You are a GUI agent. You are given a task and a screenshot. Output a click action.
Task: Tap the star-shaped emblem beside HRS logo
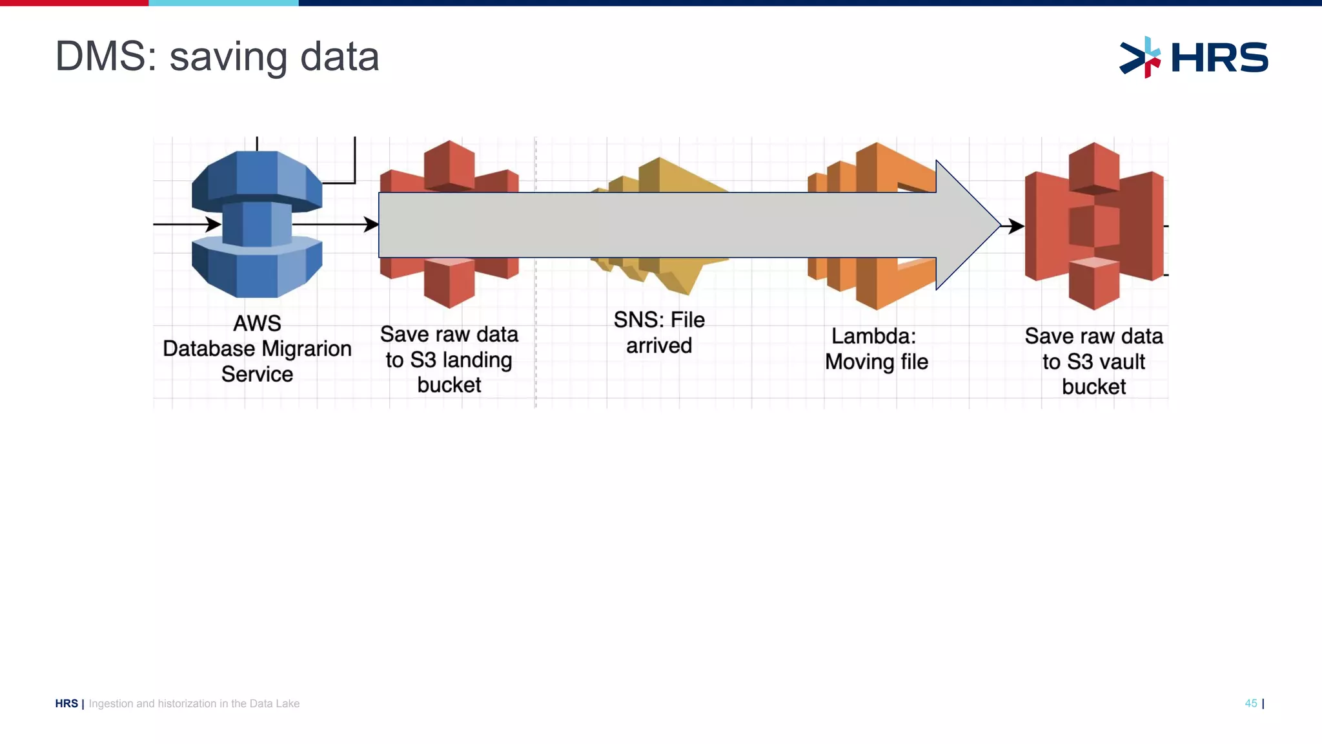click(1141, 57)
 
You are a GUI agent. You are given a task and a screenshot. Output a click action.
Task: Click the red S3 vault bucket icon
click(1094, 225)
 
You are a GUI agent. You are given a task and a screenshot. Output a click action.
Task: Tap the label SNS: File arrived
click(659, 333)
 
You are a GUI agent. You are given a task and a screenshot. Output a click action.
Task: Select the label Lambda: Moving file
click(876, 349)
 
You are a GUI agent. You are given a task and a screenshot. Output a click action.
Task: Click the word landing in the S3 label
click(477, 360)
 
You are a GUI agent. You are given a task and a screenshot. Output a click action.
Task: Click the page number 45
click(1250, 703)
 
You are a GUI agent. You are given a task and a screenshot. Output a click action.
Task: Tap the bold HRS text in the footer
click(66, 703)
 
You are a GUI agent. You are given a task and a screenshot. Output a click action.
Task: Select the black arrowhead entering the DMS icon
click(214, 225)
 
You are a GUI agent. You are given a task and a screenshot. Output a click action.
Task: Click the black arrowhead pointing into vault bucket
click(1017, 226)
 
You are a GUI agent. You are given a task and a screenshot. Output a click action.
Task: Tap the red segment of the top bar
click(74, 3)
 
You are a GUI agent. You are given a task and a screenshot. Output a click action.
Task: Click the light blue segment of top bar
click(223, 3)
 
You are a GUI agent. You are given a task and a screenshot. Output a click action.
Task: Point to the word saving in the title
click(229, 57)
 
